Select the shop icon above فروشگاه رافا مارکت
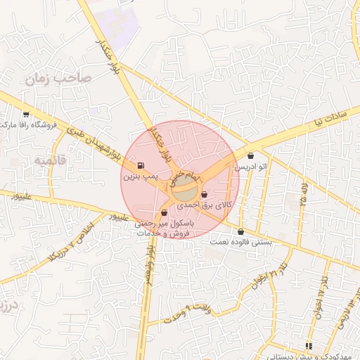(x=26, y=115)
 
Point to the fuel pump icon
(x=140, y=167)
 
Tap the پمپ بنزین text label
(x=137, y=176)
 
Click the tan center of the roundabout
(x=184, y=186)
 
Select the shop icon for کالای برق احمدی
(x=204, y=195)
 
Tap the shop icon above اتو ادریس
(x=251, y=156)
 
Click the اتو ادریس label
(x=252, y=167)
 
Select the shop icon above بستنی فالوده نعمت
(x=241, y=231)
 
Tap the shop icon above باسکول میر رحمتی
(x=164, y=212)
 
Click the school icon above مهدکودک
(x=308, y=345)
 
